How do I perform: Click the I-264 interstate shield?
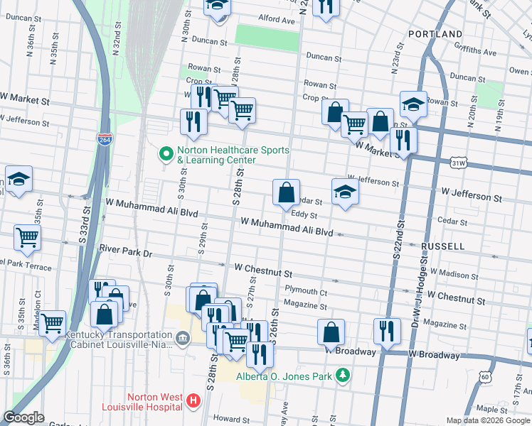pyautogui.click(x=105, y=139)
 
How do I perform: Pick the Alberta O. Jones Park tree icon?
pyautogui.click(x=343, y=374)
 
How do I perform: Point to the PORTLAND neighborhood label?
pyautogui.click(x=436, y=34)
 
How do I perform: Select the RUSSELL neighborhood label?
pyautogui.click(x=442, y=246)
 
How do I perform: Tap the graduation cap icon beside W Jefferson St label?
pyautogui.click(x=345, y=192)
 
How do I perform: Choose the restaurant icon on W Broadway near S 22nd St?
pyautogui.click(x=386, y=330)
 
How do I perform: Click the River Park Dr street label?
pyautogui.click(x=127, y=251)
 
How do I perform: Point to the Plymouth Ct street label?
pyautogui.click(x=306, y=290)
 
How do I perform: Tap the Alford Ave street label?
pyautogui.click(x=277, y=21)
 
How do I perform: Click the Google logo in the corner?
pyautogui.click(x=24, y=417)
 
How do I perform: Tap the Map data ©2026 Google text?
pyautogui.click(x=487, y=420)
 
